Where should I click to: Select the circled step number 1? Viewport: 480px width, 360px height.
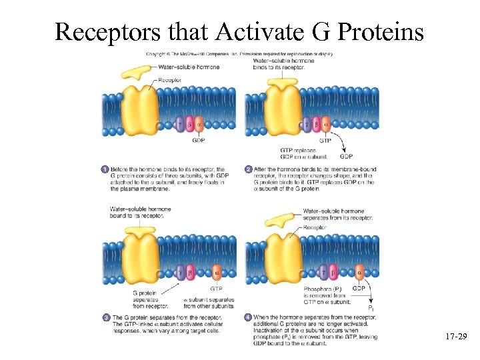[105, 169]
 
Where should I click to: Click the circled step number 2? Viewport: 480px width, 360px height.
[249, 169]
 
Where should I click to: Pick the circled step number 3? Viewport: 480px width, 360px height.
[105, 317]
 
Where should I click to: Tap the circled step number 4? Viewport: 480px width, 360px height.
[249, 317]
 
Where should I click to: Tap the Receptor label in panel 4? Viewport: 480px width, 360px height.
[315, 227]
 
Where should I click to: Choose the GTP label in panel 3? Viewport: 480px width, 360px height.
[216, 289]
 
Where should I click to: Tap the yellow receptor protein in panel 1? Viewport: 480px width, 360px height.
[138, 111]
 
